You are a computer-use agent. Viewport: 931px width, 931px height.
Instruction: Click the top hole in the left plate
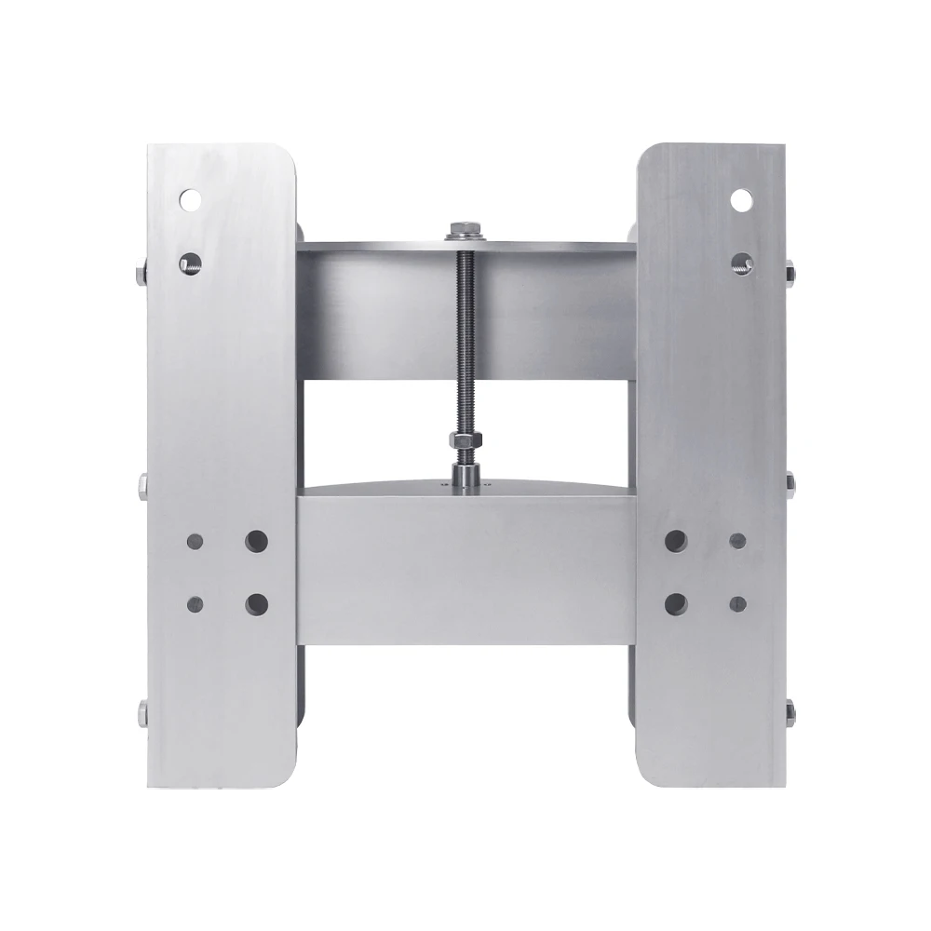(x=193, y=198)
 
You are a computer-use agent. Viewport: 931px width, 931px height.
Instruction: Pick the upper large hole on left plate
(x=256, y=539)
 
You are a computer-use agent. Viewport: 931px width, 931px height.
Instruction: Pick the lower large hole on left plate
(x=256, y=602)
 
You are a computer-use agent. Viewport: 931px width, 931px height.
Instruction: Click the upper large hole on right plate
(x=675, y=540)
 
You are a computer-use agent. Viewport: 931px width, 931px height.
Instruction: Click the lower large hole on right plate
(x=675, y=602)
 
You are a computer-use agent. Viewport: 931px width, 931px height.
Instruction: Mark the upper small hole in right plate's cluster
(x=737, y=540)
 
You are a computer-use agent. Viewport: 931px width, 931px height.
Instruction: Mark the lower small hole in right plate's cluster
(x=737, y=602)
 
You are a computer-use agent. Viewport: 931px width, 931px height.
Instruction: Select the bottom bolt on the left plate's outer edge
(x=140, y=713)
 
